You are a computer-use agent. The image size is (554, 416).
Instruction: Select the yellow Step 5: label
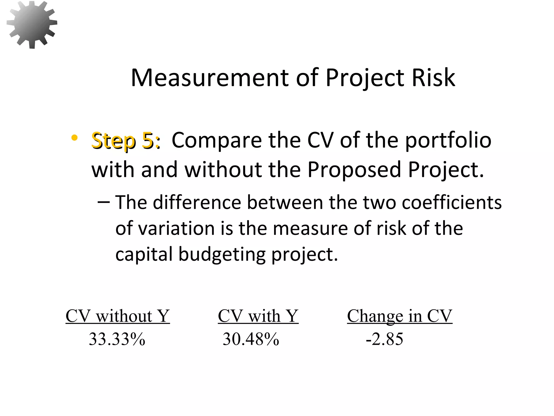126,141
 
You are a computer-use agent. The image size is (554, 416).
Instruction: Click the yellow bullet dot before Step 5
74,138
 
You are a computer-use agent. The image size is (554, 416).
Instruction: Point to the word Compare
217,141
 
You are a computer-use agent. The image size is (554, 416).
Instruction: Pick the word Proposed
354,170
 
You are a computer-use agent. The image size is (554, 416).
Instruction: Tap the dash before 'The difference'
103,202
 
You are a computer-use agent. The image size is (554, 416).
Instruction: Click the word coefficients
451,202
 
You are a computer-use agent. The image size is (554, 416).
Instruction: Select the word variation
176,228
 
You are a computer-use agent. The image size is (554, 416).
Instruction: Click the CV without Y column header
118,316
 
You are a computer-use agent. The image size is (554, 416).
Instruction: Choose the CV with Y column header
258,316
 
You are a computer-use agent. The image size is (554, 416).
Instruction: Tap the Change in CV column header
400,316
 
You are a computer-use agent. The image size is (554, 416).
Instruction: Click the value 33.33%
117,339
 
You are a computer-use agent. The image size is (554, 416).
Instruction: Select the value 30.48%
250,339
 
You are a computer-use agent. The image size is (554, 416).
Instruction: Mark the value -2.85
384,339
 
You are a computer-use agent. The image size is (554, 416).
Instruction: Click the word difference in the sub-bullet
197,202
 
